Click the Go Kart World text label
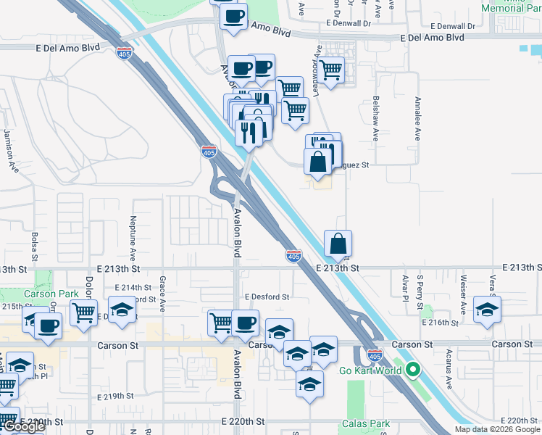[370, 370]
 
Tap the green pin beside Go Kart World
[413, 370]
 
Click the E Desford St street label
[267, 297]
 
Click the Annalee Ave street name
[418, 118]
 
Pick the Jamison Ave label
[10, 149]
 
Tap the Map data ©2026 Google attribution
[497, 429]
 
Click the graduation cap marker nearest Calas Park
[309, 384]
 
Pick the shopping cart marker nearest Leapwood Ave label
[331, 70]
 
